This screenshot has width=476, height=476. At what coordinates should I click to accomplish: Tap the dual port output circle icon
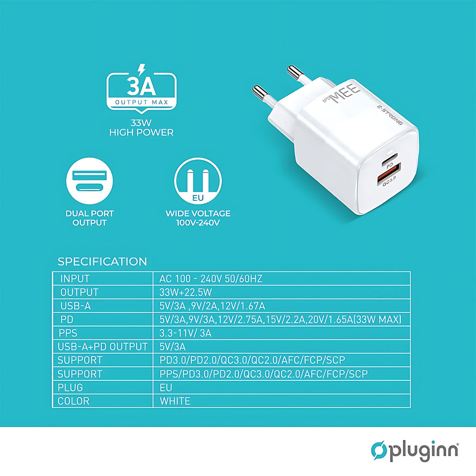pos(90,181)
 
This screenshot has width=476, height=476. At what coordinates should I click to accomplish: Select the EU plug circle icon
pos(198,181)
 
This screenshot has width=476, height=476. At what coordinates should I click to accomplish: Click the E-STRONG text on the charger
pos(390,115)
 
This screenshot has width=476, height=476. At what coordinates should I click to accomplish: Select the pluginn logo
pos(415,451)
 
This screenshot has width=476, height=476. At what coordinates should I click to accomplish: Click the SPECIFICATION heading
pos(102,262)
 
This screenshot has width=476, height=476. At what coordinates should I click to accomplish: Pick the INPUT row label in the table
pos(75,279)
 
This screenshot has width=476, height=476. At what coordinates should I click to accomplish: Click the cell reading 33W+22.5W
pos(185,292)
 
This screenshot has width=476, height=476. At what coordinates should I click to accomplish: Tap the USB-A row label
pos(76,306)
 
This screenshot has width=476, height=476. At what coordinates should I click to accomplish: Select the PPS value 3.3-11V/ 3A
pos(185,333)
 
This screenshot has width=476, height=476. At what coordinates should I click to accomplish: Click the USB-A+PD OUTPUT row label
pos(102,347)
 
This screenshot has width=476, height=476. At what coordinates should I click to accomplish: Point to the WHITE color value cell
pos(175,401)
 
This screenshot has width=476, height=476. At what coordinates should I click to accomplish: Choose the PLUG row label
pos(70,387)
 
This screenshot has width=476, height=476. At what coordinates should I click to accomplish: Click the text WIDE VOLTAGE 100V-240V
pos(198,218)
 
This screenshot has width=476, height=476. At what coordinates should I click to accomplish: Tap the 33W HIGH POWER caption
pos(141,128)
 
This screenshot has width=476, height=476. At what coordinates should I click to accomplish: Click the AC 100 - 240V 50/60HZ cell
pos(211,279)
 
